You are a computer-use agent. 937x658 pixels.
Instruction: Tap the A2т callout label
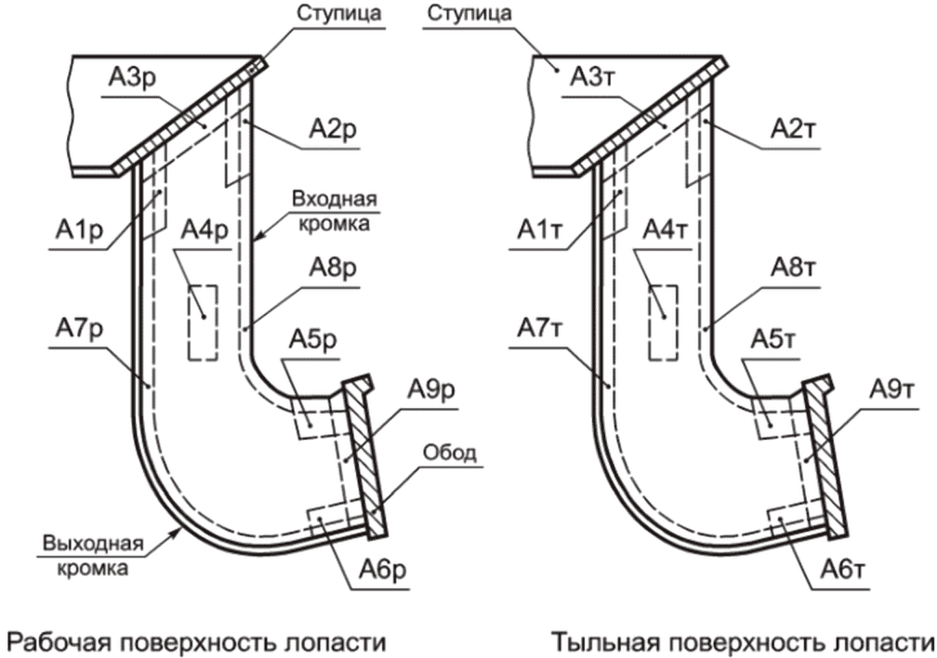point(794,128)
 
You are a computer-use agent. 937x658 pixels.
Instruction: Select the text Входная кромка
point(334,211)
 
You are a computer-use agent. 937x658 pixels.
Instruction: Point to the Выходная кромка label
point(93,555)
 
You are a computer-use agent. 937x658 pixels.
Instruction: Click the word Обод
point(450,453)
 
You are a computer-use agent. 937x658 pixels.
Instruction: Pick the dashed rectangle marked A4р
point(204,322)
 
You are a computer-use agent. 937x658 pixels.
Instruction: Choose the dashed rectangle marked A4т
point(664,322)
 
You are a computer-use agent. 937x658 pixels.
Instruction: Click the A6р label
point(382,569)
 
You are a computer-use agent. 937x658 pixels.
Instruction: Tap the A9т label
point(891,389)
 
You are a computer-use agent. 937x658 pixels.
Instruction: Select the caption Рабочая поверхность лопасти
point(196,644)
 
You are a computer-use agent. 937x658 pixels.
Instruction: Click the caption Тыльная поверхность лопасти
point(742,644)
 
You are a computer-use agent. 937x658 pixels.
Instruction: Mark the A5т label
point(773,339)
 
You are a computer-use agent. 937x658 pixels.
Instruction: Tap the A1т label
point(539,230)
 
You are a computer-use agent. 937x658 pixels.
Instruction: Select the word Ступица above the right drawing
point(469,13)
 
